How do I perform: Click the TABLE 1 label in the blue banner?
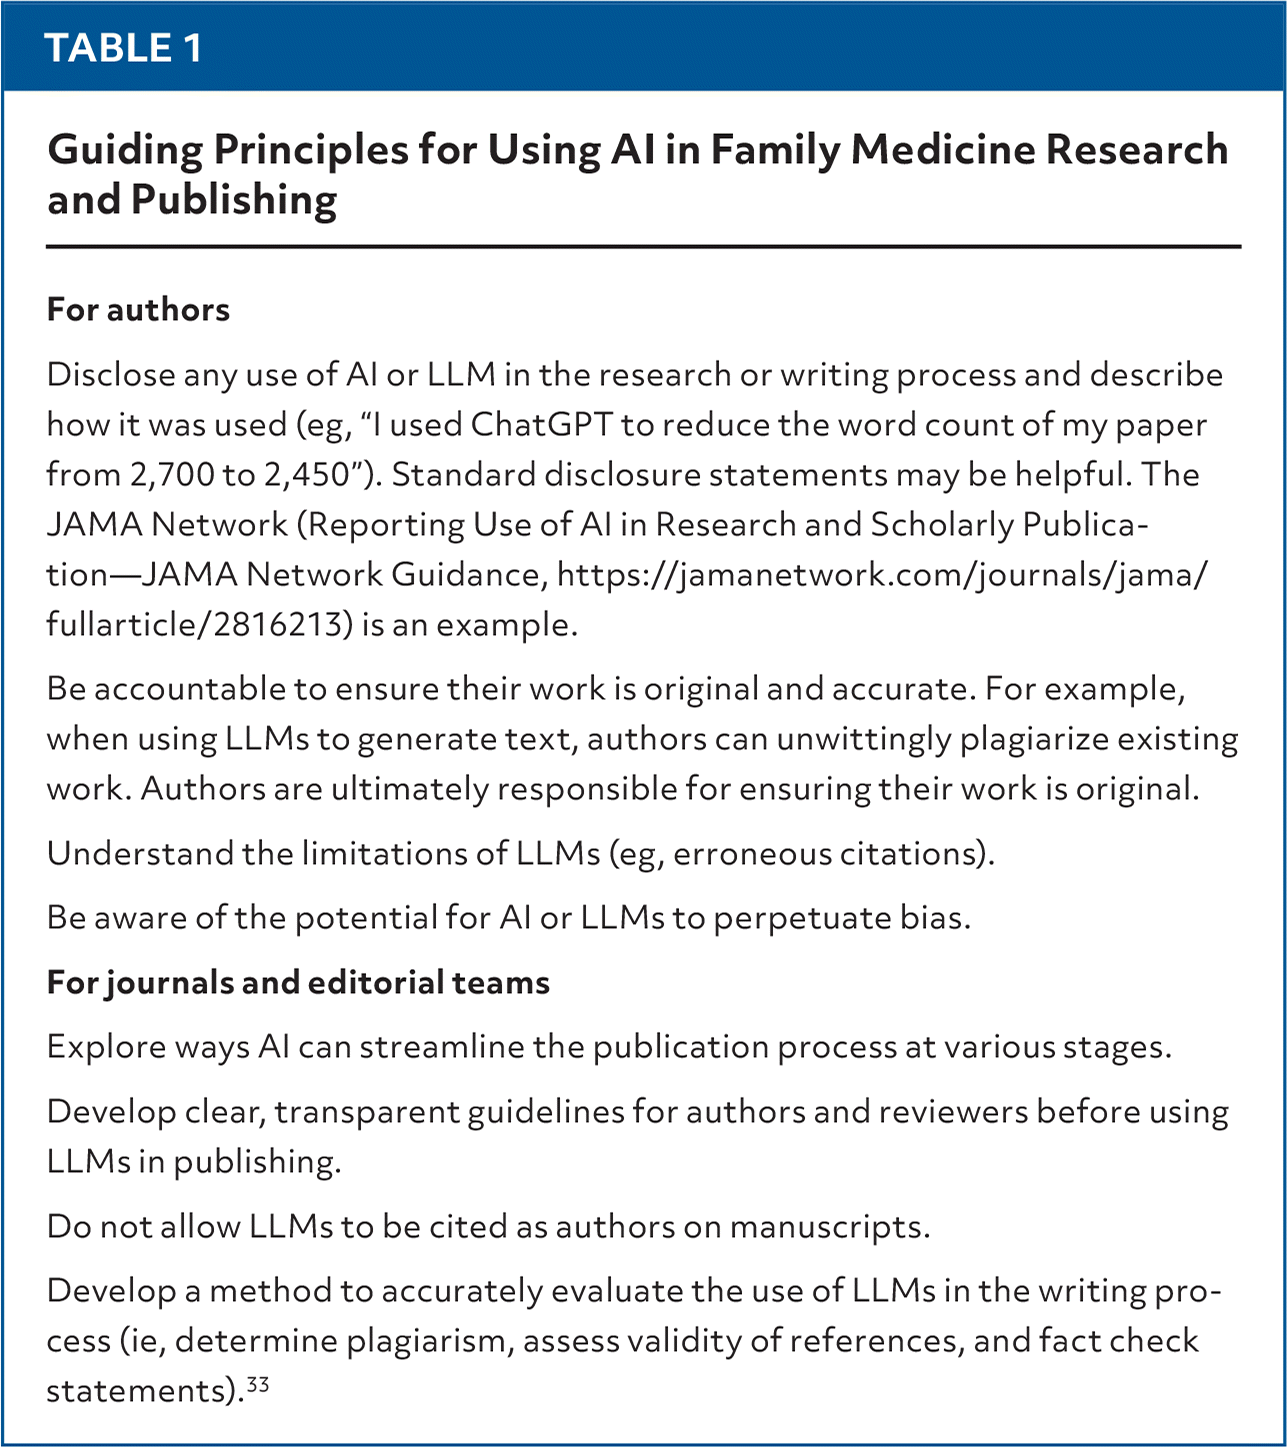(x=124, y=47)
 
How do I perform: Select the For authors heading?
(x=138, y=310)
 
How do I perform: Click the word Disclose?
(x=109, y=375)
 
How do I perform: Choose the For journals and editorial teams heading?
(x=298, y=983)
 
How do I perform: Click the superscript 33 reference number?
(x=258, y=1385)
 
